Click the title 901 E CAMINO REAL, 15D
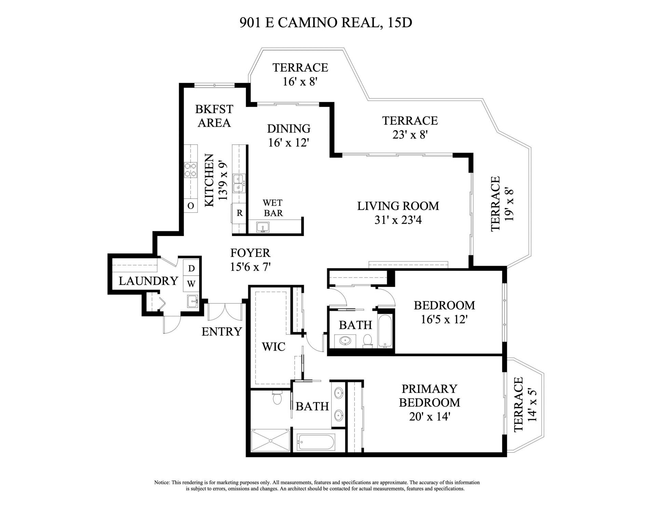(x=326, y=23)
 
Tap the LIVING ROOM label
(x=398, y=206)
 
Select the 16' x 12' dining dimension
(x=288, y=143)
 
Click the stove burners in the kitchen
(x=191, y=170)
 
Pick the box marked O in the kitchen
(x=191, y=206)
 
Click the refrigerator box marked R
(x=240, y=213)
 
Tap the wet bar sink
(x=263, y=227)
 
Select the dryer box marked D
(x=191, y=269)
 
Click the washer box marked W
(x=191, y=284)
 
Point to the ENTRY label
(x=221, y=332)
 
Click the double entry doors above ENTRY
(x=225, y=312)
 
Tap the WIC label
(x=273, y=347)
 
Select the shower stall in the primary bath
(x=270, y=441)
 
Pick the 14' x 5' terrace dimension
(x=533, y=404)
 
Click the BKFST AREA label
(x=214, y=116)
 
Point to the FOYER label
(x=250, y=253)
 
